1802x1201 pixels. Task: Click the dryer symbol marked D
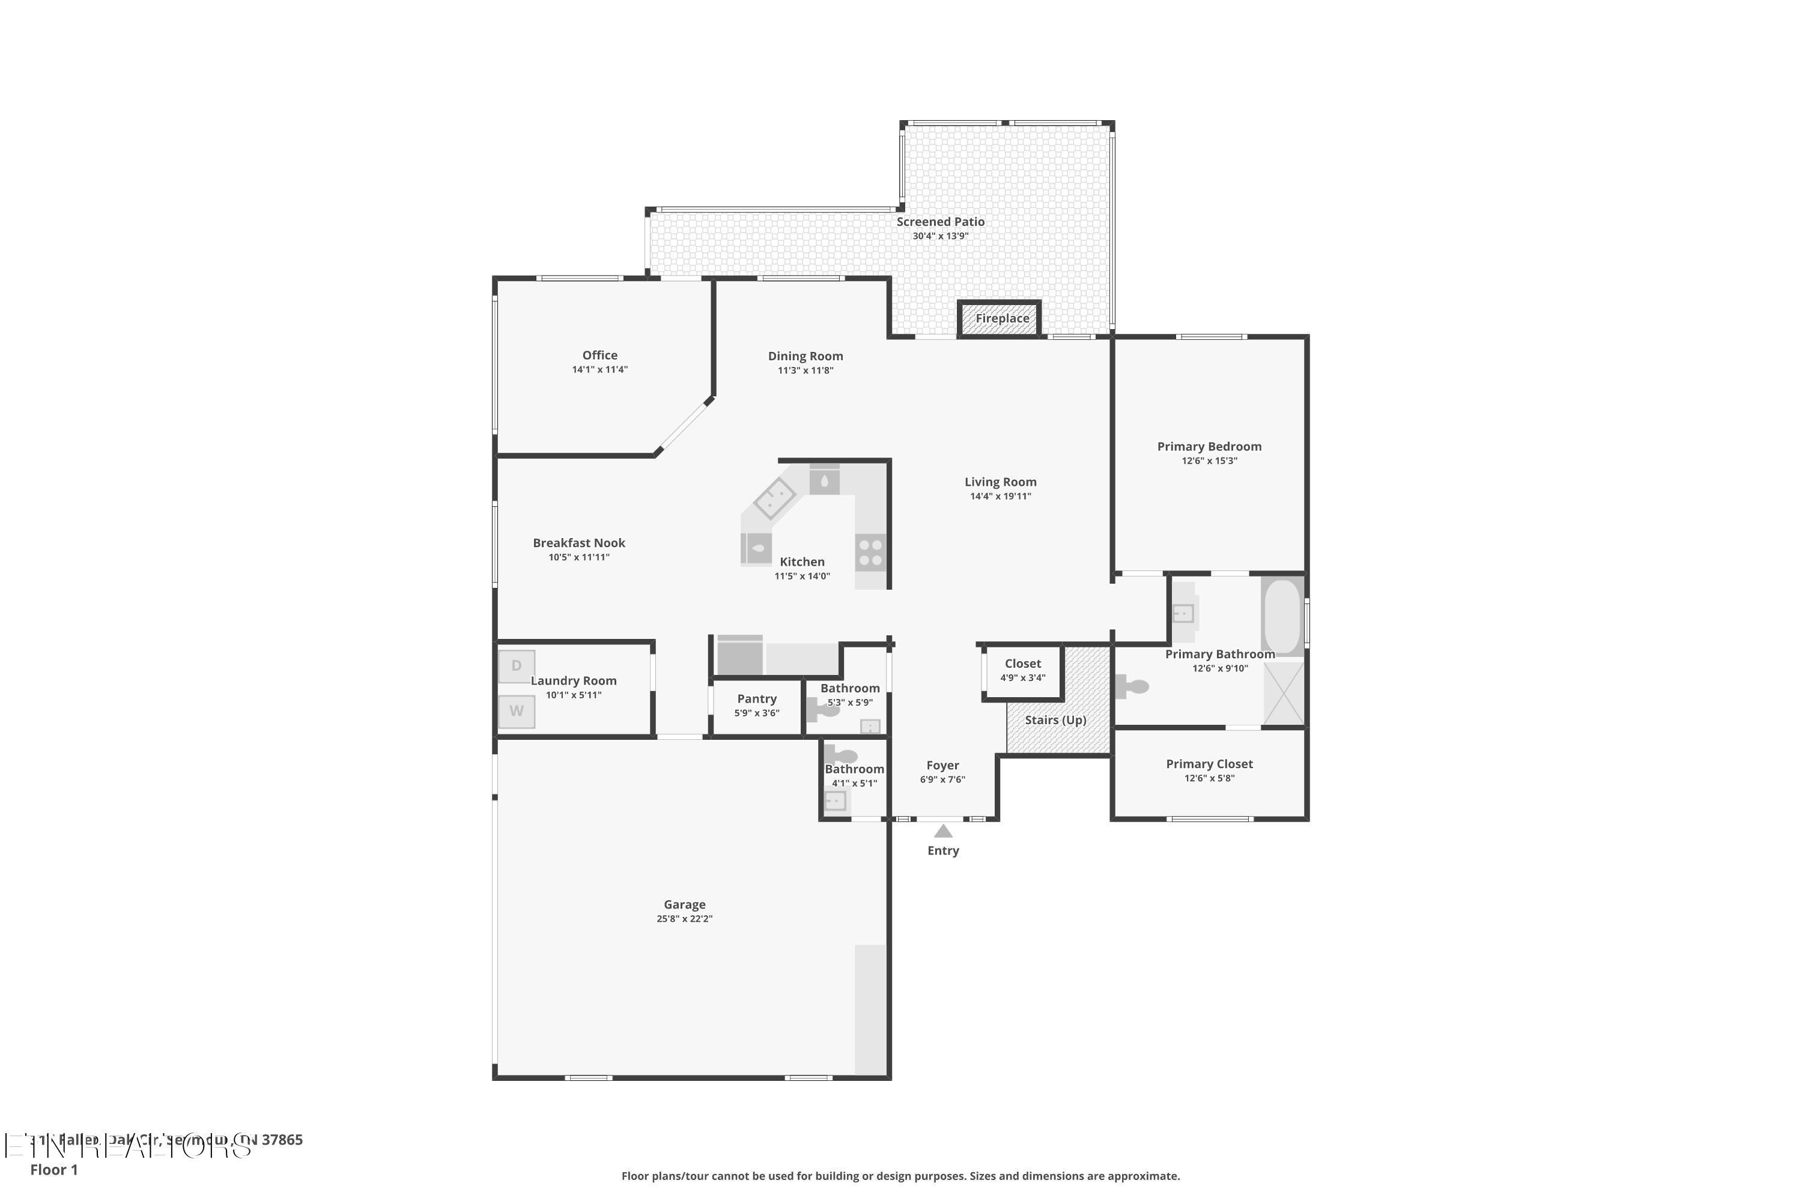(x=517, y=665)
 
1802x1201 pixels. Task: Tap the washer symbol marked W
(x=517, y=711)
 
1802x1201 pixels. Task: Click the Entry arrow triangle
(x=943, y=832)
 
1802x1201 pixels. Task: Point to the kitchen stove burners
(x=870, y=552)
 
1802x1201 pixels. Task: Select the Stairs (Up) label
(x=1056, y=720)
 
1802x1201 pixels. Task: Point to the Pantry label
(x=756, y=698)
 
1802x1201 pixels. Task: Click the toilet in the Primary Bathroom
(x=1132, y=686)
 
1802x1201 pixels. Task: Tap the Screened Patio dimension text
(x=940, y=236)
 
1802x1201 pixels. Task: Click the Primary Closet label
(x=1209, y=764)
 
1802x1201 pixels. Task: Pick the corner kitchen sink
(x=775, y=498)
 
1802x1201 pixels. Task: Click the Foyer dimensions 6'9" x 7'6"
(x=942, y=779)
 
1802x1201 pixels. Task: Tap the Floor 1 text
(x=53, y=1170)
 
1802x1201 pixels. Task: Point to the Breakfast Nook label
(x=578, y=543)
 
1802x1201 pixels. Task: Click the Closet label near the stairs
(x=1023, y=664)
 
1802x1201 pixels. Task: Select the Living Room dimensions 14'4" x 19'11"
(x=1000, y=497)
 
